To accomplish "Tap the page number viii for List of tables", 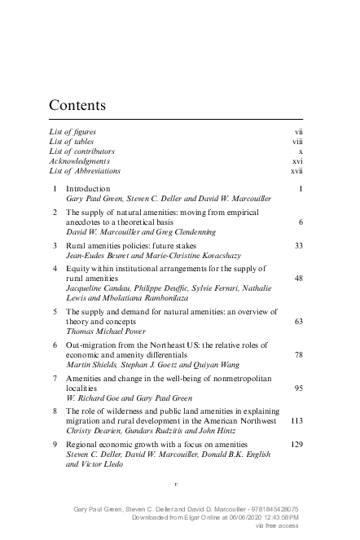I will coord(297,142).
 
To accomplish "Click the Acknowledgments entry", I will coord(80,161).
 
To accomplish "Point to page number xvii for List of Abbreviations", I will coord(296,171).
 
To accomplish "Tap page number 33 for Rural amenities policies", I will coord(298,245).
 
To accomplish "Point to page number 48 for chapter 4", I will coord(298,279).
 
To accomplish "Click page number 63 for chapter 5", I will coord(298,322).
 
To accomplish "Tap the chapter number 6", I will coord(54,345).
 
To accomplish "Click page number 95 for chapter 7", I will coord(298,389).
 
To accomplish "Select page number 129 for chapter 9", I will coord(296,445).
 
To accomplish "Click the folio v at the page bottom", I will coord(176,483).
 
